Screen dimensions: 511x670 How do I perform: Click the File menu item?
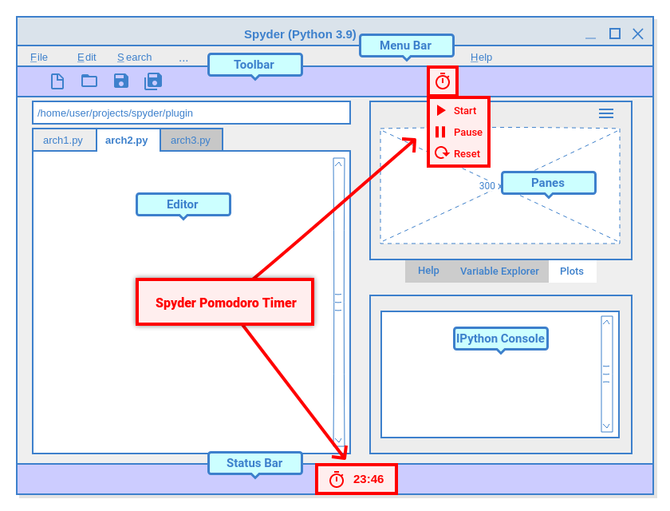click(39, 57)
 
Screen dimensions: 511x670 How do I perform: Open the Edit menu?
click(87, 57)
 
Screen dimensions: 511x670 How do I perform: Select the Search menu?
click(135, 57)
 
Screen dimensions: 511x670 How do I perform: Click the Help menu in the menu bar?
click(481, 57)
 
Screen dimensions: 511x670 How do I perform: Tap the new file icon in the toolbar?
click(57, 81)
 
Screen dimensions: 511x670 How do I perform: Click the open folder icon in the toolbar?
click(89, 81)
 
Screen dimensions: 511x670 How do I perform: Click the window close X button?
click(638, 34)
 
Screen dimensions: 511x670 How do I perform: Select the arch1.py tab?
click(63, 141)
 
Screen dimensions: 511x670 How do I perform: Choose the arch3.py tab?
click(191, 141)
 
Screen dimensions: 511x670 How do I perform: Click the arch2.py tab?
click(127, 141)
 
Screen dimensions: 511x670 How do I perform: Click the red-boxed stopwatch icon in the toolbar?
click(443, 81)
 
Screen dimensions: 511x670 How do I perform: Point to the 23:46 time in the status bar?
click(368, 479)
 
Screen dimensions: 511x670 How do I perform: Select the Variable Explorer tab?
click(499, 271)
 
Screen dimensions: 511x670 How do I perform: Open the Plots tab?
click(572, 271)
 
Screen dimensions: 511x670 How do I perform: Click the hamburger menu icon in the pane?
click(606, 113)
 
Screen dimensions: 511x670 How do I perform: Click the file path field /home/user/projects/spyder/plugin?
click(191, 113)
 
